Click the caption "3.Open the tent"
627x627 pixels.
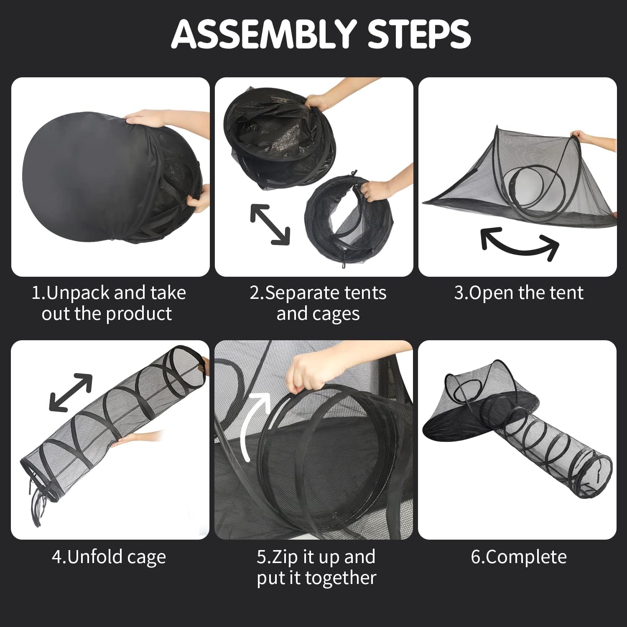[x=518, y=293]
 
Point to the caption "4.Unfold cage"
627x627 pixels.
[x=109, y=557]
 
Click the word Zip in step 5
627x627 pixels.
[x=283, y=557]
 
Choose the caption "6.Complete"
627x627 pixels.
[x=519, y=557]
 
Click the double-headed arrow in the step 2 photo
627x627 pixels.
[x=270, y=224]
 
